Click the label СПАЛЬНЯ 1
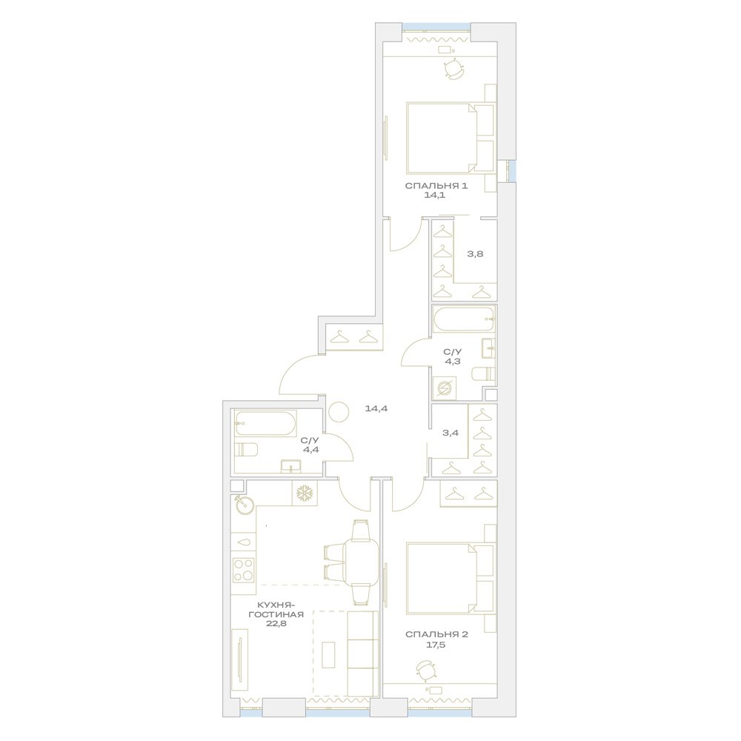436,186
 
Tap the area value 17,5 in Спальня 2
436,644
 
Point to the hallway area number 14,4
376,408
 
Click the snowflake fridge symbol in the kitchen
305,494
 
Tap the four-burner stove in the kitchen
243,569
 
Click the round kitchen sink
245,505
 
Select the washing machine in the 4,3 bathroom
444,388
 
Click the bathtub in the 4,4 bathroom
265,423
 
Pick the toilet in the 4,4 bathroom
246,451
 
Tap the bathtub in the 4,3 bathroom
464,319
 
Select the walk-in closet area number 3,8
476,253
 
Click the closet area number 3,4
451,433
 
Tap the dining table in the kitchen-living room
362,562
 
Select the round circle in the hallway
339,411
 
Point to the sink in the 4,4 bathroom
290,466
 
